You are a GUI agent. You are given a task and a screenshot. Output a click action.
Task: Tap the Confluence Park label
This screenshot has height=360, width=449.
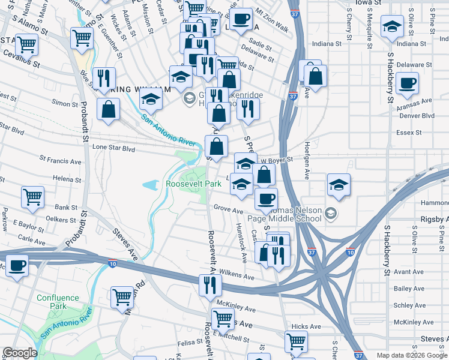coord(58,302)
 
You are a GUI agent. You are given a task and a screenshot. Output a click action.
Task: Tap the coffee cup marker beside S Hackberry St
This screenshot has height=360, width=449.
coord(408,83)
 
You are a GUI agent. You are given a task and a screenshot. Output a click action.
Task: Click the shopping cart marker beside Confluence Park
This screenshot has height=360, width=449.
coord(122,296)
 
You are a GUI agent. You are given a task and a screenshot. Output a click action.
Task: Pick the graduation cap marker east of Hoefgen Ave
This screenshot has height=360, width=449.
coord(339,184)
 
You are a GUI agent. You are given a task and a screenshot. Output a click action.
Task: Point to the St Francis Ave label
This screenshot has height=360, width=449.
coord(60,161)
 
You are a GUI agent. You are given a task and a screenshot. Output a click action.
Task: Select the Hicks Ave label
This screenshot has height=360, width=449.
coord(298,326)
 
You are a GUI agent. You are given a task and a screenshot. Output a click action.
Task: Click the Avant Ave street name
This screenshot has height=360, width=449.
coord(409,272)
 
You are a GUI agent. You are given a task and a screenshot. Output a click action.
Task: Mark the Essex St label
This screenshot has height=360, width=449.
coord(409,133)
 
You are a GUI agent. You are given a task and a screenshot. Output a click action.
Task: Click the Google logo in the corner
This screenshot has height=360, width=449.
coord(19,353)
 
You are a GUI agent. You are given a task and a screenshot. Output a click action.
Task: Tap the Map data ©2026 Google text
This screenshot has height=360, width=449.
coord(412,355)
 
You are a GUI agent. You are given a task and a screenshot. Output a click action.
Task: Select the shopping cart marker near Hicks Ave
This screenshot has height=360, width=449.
coord(296,341)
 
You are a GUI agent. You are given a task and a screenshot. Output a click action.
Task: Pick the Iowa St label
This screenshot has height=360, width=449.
coord(368,3)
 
